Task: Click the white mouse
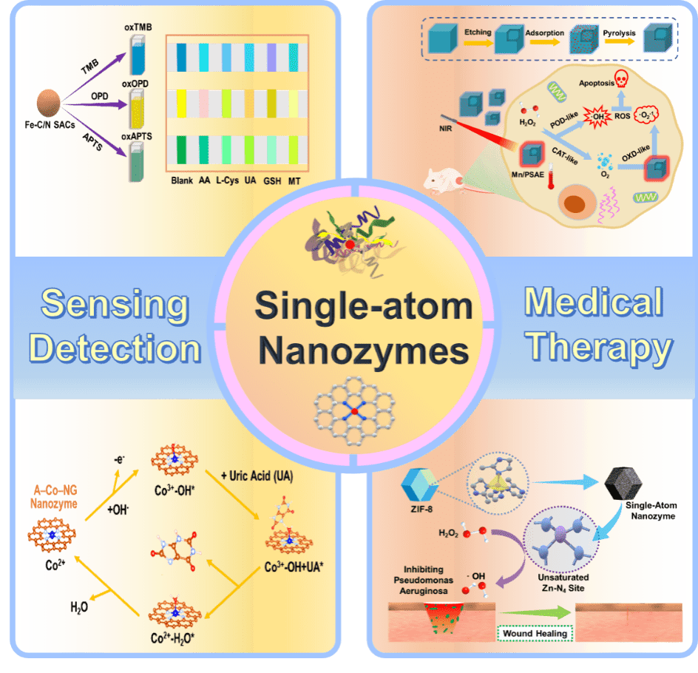[x=441, y=178]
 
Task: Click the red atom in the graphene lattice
[x=355, y=410]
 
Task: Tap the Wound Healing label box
[x=535, y=634]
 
